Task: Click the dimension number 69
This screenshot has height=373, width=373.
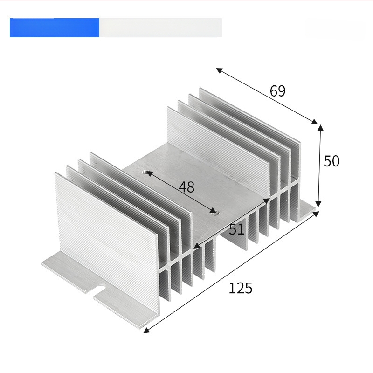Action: pos(277,90)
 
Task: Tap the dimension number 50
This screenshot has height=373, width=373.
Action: pos(332,161)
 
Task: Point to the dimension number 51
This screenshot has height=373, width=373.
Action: pos(236,229)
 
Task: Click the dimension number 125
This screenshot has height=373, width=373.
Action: pos(240,288)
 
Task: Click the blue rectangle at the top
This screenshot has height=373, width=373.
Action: pos(55,28)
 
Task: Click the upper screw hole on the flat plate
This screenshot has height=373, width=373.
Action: pos(145,172)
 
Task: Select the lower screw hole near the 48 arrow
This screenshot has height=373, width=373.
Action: pos(214,212)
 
